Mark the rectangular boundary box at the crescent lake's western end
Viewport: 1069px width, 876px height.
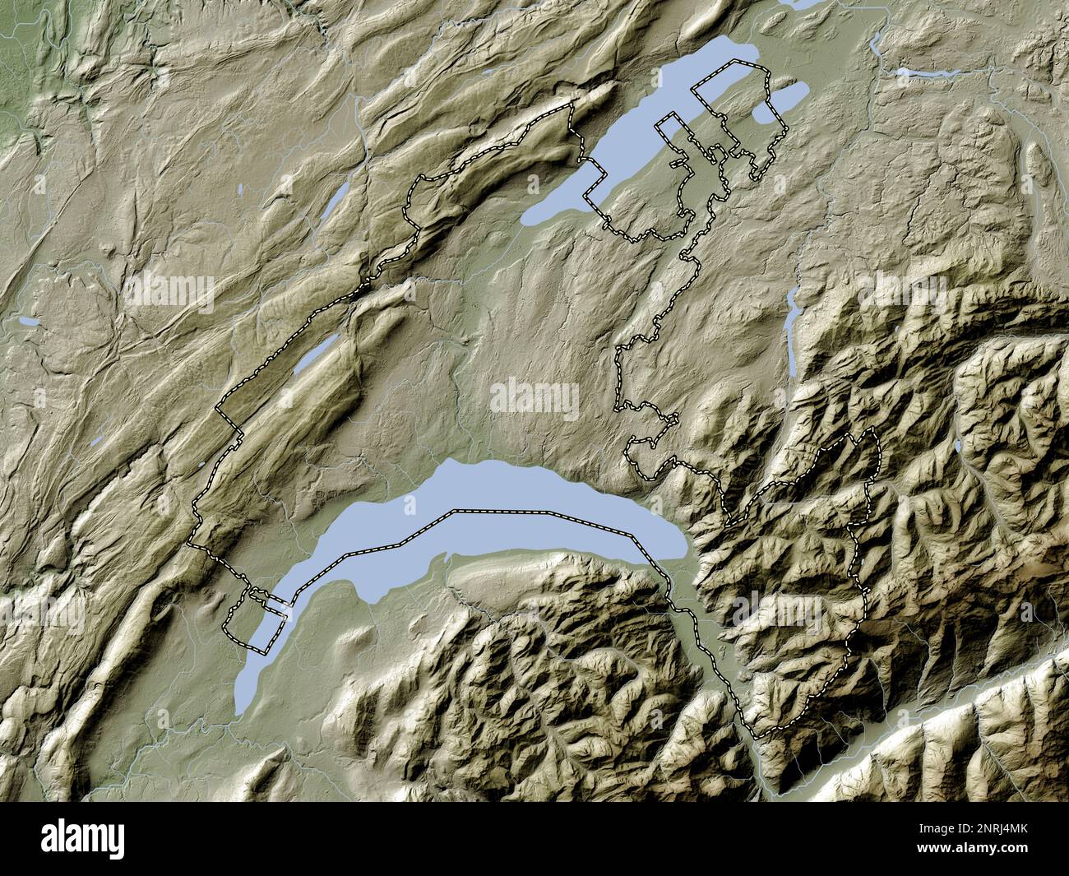257,620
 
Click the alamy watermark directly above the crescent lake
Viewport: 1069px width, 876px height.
534,398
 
